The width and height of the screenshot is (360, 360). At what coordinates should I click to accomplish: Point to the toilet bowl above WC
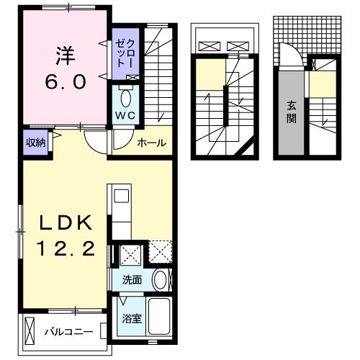pos(125,96)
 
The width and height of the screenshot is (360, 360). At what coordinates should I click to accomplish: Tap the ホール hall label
pos(152,142)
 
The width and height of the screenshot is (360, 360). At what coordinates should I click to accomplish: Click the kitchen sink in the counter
pos(120,195)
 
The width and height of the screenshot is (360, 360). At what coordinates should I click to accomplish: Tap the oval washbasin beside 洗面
pos(161,280)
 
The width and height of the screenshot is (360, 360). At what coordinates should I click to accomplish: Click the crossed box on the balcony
pos(31,331)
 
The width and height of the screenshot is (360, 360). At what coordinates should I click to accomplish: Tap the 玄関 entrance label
pos(291,111)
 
